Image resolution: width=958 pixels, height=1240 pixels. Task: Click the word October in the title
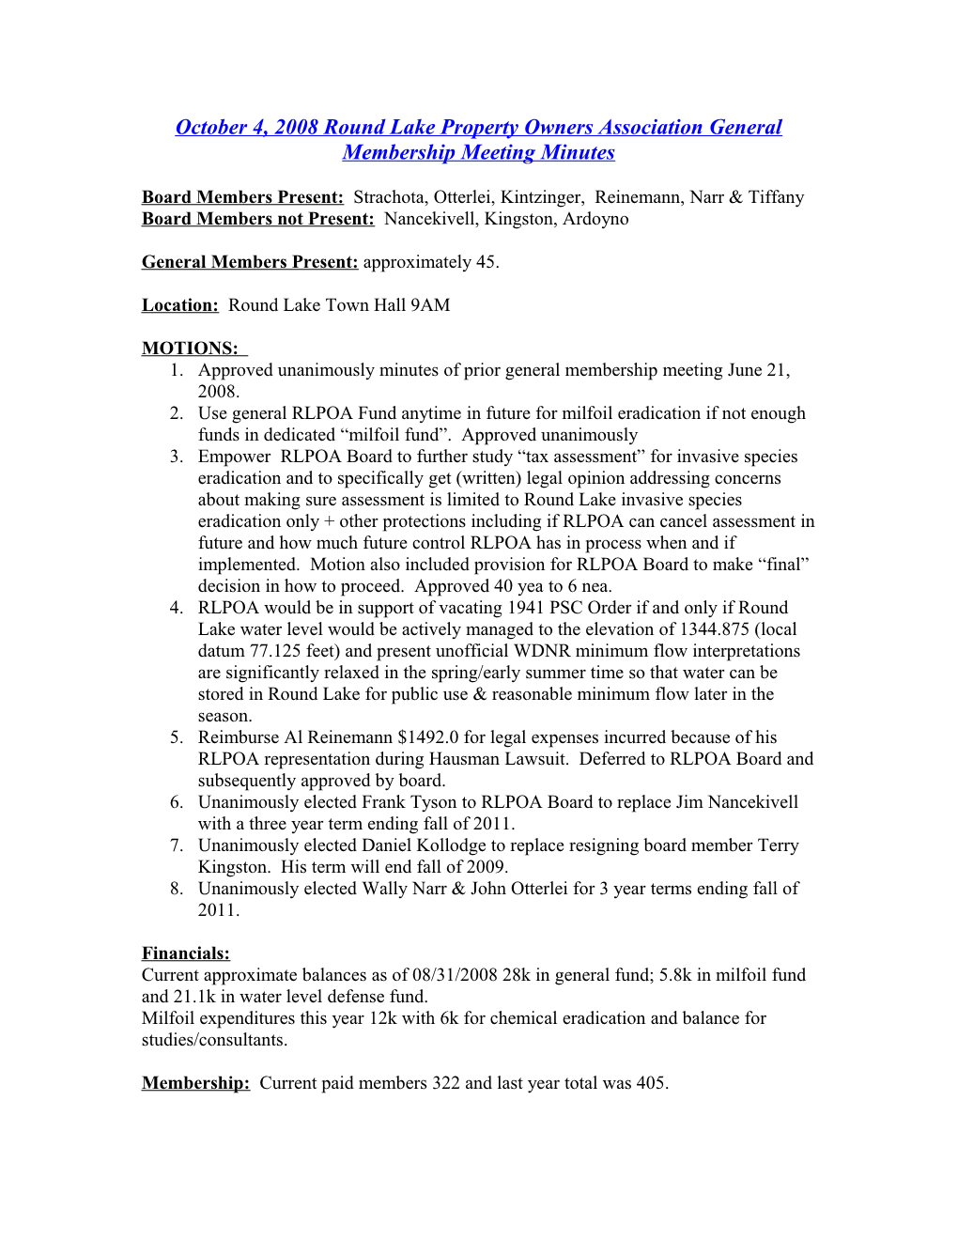click(211, 128)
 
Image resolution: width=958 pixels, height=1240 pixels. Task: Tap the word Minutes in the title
click(577, 153)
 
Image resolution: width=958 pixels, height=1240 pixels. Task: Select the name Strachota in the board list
click(388, 197)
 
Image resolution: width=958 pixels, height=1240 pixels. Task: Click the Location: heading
click(179, 305)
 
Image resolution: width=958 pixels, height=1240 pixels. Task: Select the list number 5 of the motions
click(176, 737)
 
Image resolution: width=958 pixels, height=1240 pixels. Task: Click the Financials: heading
click(185, 953)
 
